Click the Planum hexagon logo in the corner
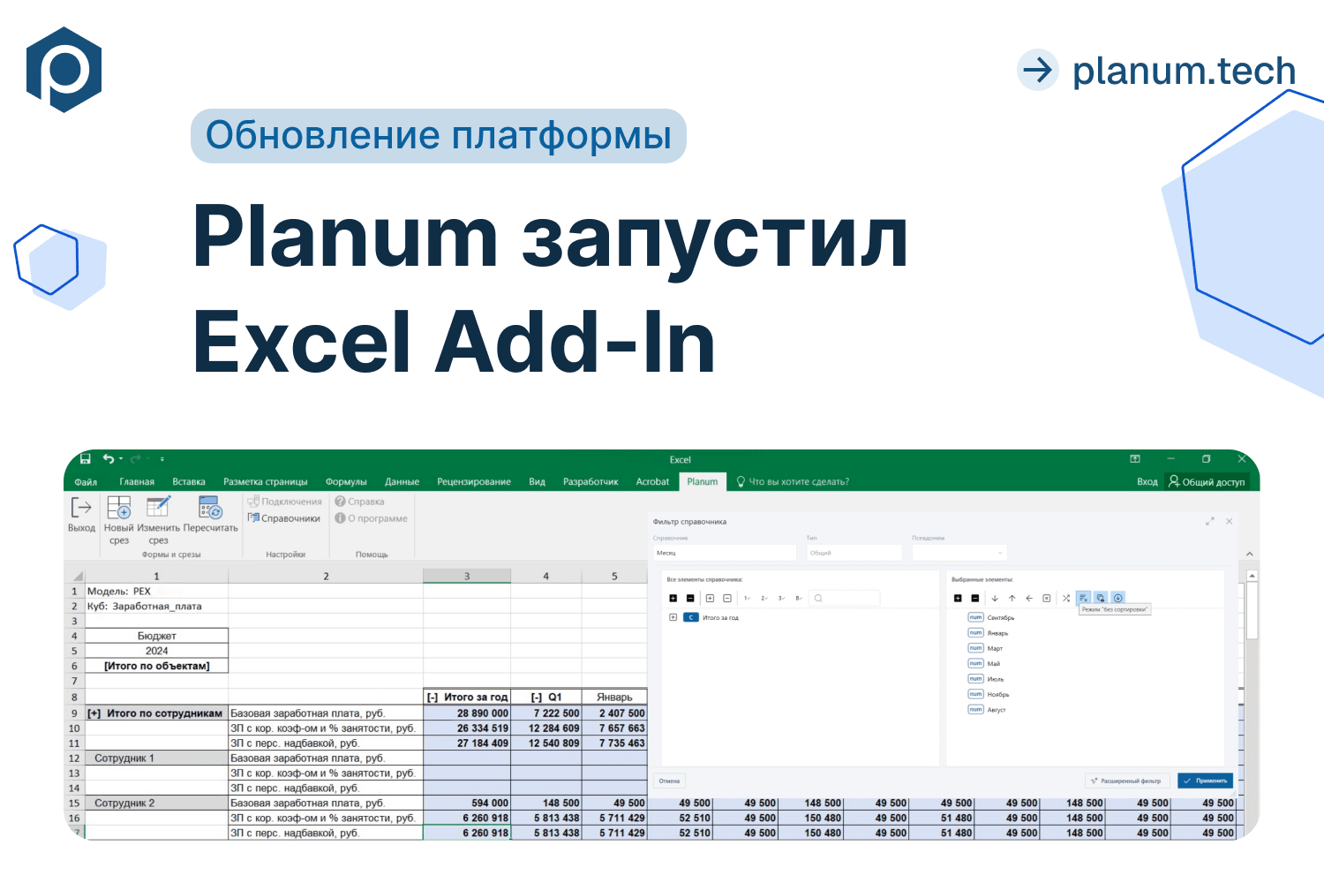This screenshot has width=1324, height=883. pyautogui.click(x=64, y=70)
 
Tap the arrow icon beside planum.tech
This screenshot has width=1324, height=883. pyautogui.click(x=1038, y=70)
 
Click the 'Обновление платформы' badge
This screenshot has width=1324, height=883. pyautogui.click(x=438, y=136)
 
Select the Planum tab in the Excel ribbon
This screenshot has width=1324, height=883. pyautogui.click(x=703, y=481)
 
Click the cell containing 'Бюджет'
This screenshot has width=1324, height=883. pyautogui.click(x=157, y=636)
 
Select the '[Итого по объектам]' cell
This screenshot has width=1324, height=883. pyautogui.click(x=157, y=666)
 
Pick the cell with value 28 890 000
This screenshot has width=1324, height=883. pyautogui.click(x=468, y=713)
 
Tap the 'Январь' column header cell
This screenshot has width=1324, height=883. pyautogui.click(x=614, y=698)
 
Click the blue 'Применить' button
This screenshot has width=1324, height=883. pyautogui.click(x=1205, y=781)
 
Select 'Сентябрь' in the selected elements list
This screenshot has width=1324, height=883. pyautogui.click(x=1000, y=618)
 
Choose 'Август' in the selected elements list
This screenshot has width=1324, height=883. pyautogui.click(x=996, y=710)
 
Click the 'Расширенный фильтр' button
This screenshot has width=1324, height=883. pyautogui.click(x=1127, y=781)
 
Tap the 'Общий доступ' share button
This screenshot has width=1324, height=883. pyautogui.click(x=1207, y=482)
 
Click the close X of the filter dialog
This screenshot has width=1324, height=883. pyautogui.click(x=1229, y=522)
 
